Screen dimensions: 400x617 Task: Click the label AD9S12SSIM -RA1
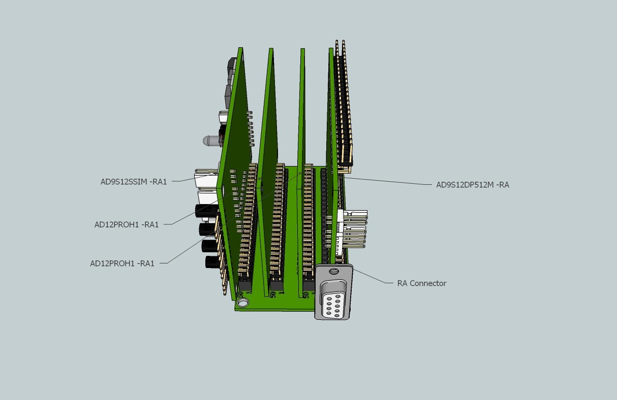[x=134, y=182]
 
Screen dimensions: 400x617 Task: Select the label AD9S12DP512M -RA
[x=472, y=185]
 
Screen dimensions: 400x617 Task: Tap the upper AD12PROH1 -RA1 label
[x=127, y=224]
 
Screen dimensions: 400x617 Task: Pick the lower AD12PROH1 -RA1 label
[x=122, y=263]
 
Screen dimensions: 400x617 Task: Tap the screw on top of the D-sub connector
[x=333, y=272]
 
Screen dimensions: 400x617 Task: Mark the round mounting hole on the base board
[x=243, y=303]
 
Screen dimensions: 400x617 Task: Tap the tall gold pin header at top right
[x=343, y=102]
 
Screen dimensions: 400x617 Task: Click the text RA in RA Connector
[x=403, y=283]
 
